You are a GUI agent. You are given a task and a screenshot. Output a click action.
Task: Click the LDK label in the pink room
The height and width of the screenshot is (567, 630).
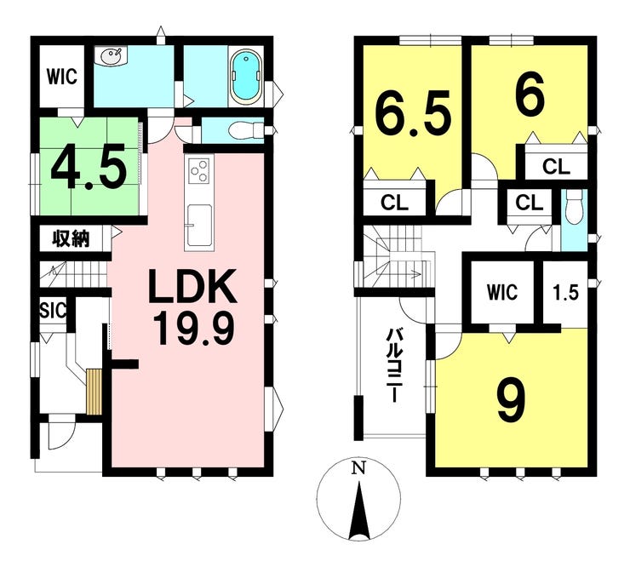pos(192,287)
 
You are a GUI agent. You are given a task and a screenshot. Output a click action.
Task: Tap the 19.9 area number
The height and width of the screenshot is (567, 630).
pos(193,329)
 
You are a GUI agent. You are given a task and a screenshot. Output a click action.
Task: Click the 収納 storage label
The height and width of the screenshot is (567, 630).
pos(71,239)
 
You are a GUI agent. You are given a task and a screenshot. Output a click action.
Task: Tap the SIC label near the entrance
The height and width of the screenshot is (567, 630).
pos(53,310)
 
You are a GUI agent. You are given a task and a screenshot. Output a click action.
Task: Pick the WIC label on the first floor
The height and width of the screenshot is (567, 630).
pos(62,77)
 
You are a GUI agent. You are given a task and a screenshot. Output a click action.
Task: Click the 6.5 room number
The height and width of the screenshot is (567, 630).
pos(414,115)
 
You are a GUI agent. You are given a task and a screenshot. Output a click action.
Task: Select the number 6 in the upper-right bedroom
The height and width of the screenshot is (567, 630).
pos(530,95)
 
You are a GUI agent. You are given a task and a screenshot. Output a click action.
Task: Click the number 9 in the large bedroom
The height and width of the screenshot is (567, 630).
pos(511,401)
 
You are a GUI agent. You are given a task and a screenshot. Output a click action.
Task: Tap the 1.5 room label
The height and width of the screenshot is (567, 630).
pos(566,293)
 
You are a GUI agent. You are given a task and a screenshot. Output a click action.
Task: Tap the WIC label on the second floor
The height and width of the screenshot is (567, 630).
pos(502,292)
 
